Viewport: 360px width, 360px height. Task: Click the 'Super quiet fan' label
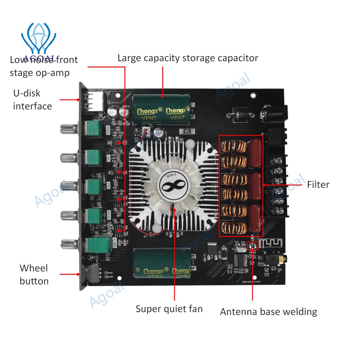[x=169, y=309]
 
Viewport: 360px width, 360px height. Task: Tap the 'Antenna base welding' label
[x=268, y=312]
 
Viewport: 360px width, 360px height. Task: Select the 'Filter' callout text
[x=318, y=185]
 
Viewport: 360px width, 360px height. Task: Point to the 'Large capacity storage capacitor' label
[x=188, y=58]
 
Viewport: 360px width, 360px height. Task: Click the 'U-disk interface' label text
[x=32, y=100]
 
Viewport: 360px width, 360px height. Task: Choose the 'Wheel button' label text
[x=34, y=275]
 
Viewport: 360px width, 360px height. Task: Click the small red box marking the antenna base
[x=253, y=246]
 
